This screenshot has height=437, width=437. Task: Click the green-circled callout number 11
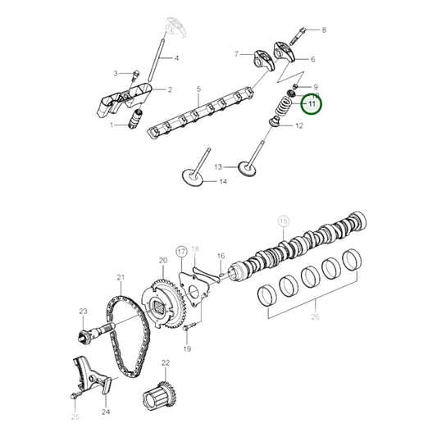(x=312, y=104)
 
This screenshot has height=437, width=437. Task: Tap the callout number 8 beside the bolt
(x=323, y=30)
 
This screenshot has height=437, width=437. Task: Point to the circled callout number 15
(x=284, y=221)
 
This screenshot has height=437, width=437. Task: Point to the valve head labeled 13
(x=248, y=168)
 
